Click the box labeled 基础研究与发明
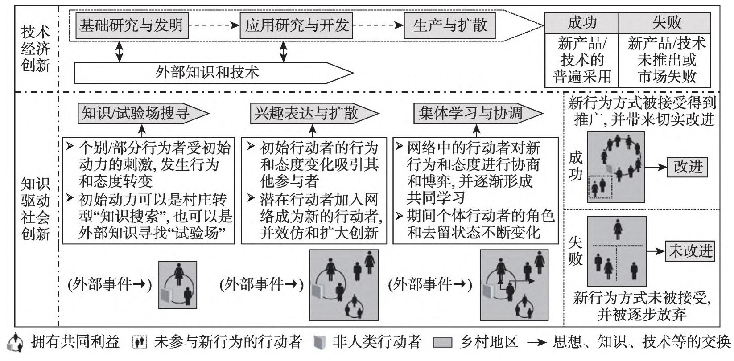[x=131, y=25]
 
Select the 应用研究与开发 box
[x=296, y=25]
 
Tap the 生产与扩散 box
[x=449, y=25]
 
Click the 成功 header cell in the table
[x=581, y=23]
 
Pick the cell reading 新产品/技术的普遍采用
[x=581, y=60]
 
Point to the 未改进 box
[x=689, y=251]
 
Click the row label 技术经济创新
[x=36, y=49]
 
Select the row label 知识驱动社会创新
[x=36, y=209]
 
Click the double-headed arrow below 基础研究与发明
[x=119, y=52]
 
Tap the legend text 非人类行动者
[x=377, y=342]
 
